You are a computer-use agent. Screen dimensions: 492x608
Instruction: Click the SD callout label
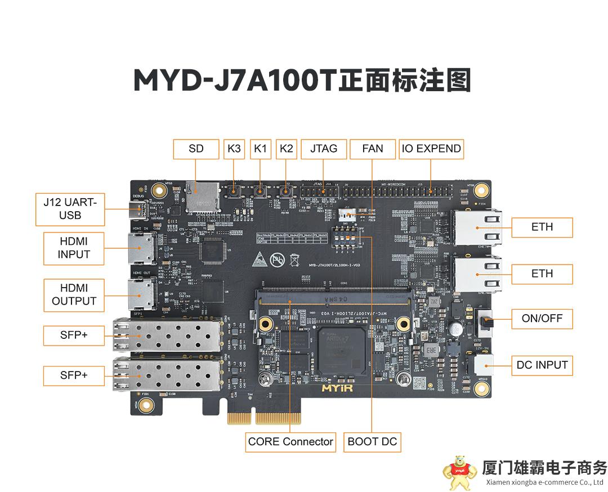[x=196, y=149]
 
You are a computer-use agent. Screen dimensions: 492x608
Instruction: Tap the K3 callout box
[x=234, y=149]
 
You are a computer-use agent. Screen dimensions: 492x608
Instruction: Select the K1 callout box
[x=260, y=149]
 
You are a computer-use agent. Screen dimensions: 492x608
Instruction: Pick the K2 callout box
[x=287, y=149]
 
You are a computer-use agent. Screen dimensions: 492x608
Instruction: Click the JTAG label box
[x=323, y=149]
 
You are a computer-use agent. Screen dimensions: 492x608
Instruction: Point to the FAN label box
[x=373, y=149]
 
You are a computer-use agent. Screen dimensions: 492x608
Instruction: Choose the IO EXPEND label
[x=431, y=149]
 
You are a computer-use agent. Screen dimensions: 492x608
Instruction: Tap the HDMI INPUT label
[x=74, y=248]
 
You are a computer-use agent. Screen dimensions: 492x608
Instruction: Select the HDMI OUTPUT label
[x=74, y=294]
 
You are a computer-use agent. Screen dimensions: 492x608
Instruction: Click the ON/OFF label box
[x=542, y=319]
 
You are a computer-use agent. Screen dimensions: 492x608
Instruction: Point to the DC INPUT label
[x=542, y=365]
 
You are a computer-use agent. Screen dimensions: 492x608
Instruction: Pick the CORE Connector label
[x=290, y=442]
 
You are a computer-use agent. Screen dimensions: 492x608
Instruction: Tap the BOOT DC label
[x=372, y=442]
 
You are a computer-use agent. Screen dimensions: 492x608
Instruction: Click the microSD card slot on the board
[x=203, y=194]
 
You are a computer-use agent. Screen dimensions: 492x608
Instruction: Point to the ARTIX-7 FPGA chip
[x=341, y=349]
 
